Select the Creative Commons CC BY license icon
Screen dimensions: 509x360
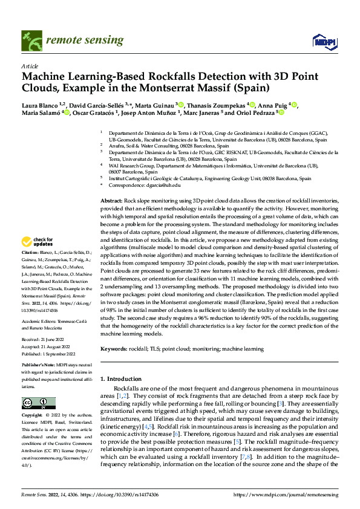[x=35, y=403]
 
